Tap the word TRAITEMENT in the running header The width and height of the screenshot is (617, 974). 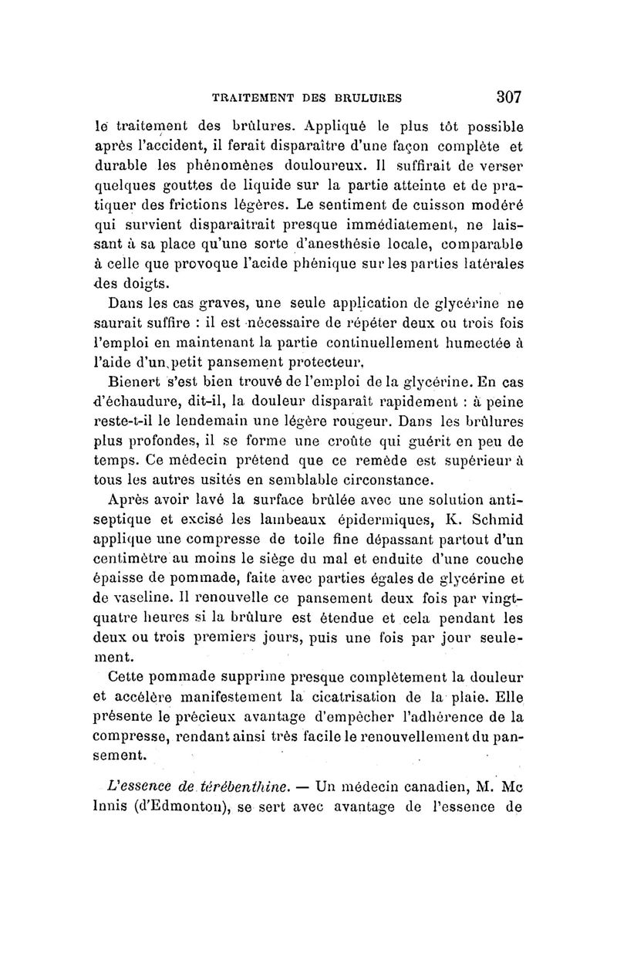click(250, 98)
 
